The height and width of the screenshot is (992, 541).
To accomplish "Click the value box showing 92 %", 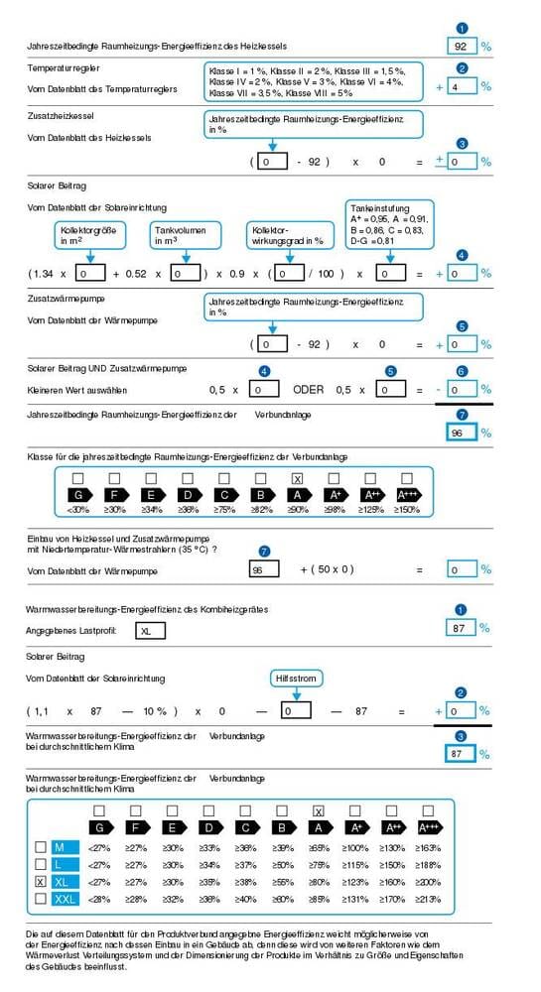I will point(461,46).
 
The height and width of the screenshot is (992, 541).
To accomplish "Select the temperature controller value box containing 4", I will point(461,86).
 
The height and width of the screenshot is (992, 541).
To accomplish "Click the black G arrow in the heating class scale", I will point(77,495).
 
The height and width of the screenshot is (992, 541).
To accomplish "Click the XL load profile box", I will point(152,629).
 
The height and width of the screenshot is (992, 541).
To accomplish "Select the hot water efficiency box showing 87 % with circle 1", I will point(461,628).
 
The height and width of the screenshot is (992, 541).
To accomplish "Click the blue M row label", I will point(64,847).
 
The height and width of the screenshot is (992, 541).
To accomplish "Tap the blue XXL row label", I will point(64,898).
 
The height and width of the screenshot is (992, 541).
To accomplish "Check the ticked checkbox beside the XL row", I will point(40,881).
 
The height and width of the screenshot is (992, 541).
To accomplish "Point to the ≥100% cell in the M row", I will point(355,847).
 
